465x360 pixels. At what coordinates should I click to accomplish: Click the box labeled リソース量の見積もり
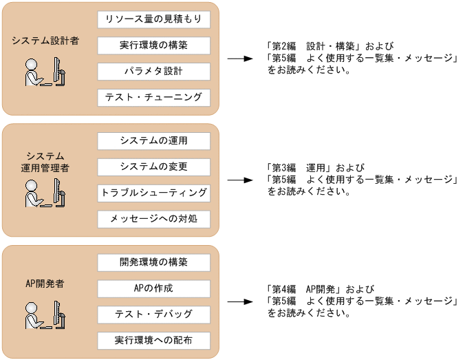[153, 19]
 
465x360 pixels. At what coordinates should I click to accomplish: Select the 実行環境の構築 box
[153, 45]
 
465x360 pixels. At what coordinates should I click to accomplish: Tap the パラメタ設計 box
[153, 72]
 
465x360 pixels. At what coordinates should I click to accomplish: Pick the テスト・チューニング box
[153, 98]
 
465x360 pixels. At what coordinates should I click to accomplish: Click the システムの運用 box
[153, 141]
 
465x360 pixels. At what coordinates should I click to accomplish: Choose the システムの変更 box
[153, 167]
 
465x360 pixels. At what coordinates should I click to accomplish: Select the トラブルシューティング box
[153, 193]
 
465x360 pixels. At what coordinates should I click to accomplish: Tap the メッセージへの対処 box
[153, 220]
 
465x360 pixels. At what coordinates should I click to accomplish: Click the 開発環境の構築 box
[153, 263]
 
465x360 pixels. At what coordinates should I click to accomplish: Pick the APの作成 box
[153, 288]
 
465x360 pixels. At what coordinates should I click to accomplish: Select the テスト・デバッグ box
[153, 315]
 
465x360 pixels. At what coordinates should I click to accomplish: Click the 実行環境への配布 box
[153, 341]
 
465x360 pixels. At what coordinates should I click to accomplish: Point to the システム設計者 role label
[45, 41]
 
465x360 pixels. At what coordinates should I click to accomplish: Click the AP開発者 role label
[45, 284]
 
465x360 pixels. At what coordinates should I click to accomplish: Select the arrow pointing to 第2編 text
[241, 59]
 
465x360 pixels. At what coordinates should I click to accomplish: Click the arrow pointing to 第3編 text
[241, 180]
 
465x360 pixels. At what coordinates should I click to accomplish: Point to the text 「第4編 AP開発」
[308, 290]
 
